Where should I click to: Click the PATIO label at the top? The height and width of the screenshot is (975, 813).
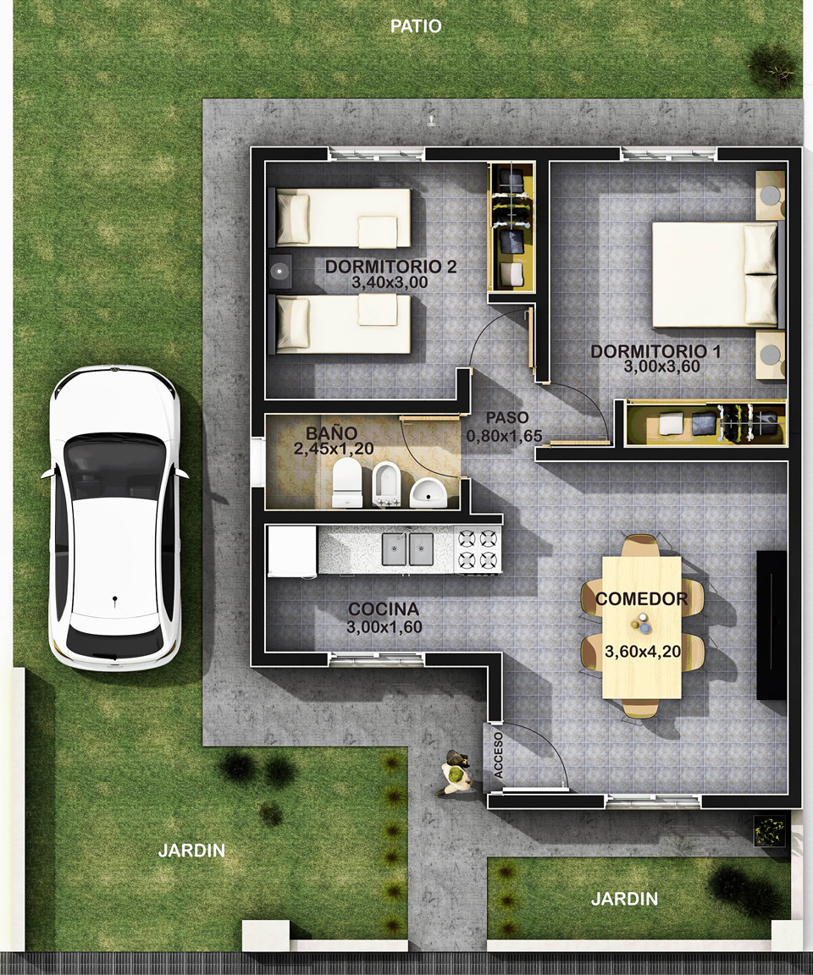pyautogui.click(x=416, y=26)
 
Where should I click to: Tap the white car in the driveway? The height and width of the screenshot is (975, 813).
pyautogui.click(x=114, y=517)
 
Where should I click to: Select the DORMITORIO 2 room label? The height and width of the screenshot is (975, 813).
pyautogui.click(x=390, y=267)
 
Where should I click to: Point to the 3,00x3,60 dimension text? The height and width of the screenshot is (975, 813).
pyautogui.click(x=662, y=366)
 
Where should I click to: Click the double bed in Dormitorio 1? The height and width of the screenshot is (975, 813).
pyautogui.click(x=716, y=274)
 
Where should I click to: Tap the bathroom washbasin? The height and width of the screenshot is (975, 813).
pyautogui.click(x=428, y=493)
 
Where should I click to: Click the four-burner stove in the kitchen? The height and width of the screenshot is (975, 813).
pyautogui.click(x=478, y=550)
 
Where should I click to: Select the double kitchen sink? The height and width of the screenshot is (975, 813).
pyautogui.click(x=407, y=549)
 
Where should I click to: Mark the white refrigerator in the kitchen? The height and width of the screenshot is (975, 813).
pyautogui.click(x=291, y=551)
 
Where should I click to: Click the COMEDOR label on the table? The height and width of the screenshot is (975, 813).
pyautogui.click(x=641, y=599)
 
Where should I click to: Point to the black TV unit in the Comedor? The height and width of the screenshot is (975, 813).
pyautogui.click(x=772, y=625)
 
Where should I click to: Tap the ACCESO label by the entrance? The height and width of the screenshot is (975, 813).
pyautogui.click(x=498, y=755)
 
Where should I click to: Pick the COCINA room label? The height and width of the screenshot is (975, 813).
pyautogui.click(x=383, y=609)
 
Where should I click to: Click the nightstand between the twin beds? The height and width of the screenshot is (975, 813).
pyautogui.click(x=280, y=271)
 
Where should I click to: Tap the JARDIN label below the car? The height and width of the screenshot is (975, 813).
pyautogui.click(x=191, y=851)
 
